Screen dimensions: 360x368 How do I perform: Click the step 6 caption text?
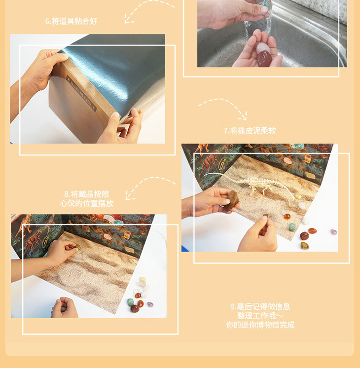tap(71, 21)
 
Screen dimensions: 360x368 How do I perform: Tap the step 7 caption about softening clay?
tap(250, 131)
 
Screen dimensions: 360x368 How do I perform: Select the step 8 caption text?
tap(87, 198)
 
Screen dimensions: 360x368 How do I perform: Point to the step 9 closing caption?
tap(260, 316)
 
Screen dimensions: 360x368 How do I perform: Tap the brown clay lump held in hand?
tap(232, 200)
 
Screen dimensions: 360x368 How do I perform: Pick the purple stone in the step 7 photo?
tap(333, 232)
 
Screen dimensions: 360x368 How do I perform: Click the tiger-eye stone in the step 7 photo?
tap(305, 246)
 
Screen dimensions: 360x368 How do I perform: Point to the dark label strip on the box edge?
tap(81, 93)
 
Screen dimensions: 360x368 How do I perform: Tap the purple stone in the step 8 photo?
tap(150, 304)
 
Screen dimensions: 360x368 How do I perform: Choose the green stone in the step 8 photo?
tap(131, 302)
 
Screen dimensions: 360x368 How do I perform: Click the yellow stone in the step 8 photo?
tap(143, 280)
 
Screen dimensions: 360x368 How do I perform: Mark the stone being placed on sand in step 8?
tap(77, 247)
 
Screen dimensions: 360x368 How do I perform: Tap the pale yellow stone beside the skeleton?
tap(298, 197)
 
